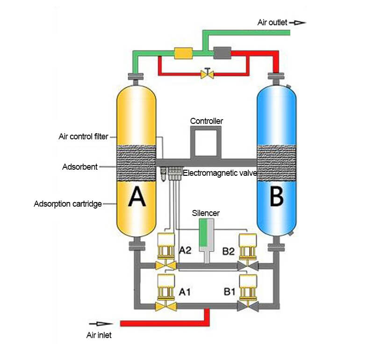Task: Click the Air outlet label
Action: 272,22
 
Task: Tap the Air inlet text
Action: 99,335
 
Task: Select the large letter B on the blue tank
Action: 277,197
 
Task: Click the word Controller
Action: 206,121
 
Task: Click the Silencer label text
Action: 206,213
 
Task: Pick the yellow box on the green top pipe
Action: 183,53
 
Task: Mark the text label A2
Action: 186,251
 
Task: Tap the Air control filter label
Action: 83,137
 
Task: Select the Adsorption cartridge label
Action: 68,204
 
